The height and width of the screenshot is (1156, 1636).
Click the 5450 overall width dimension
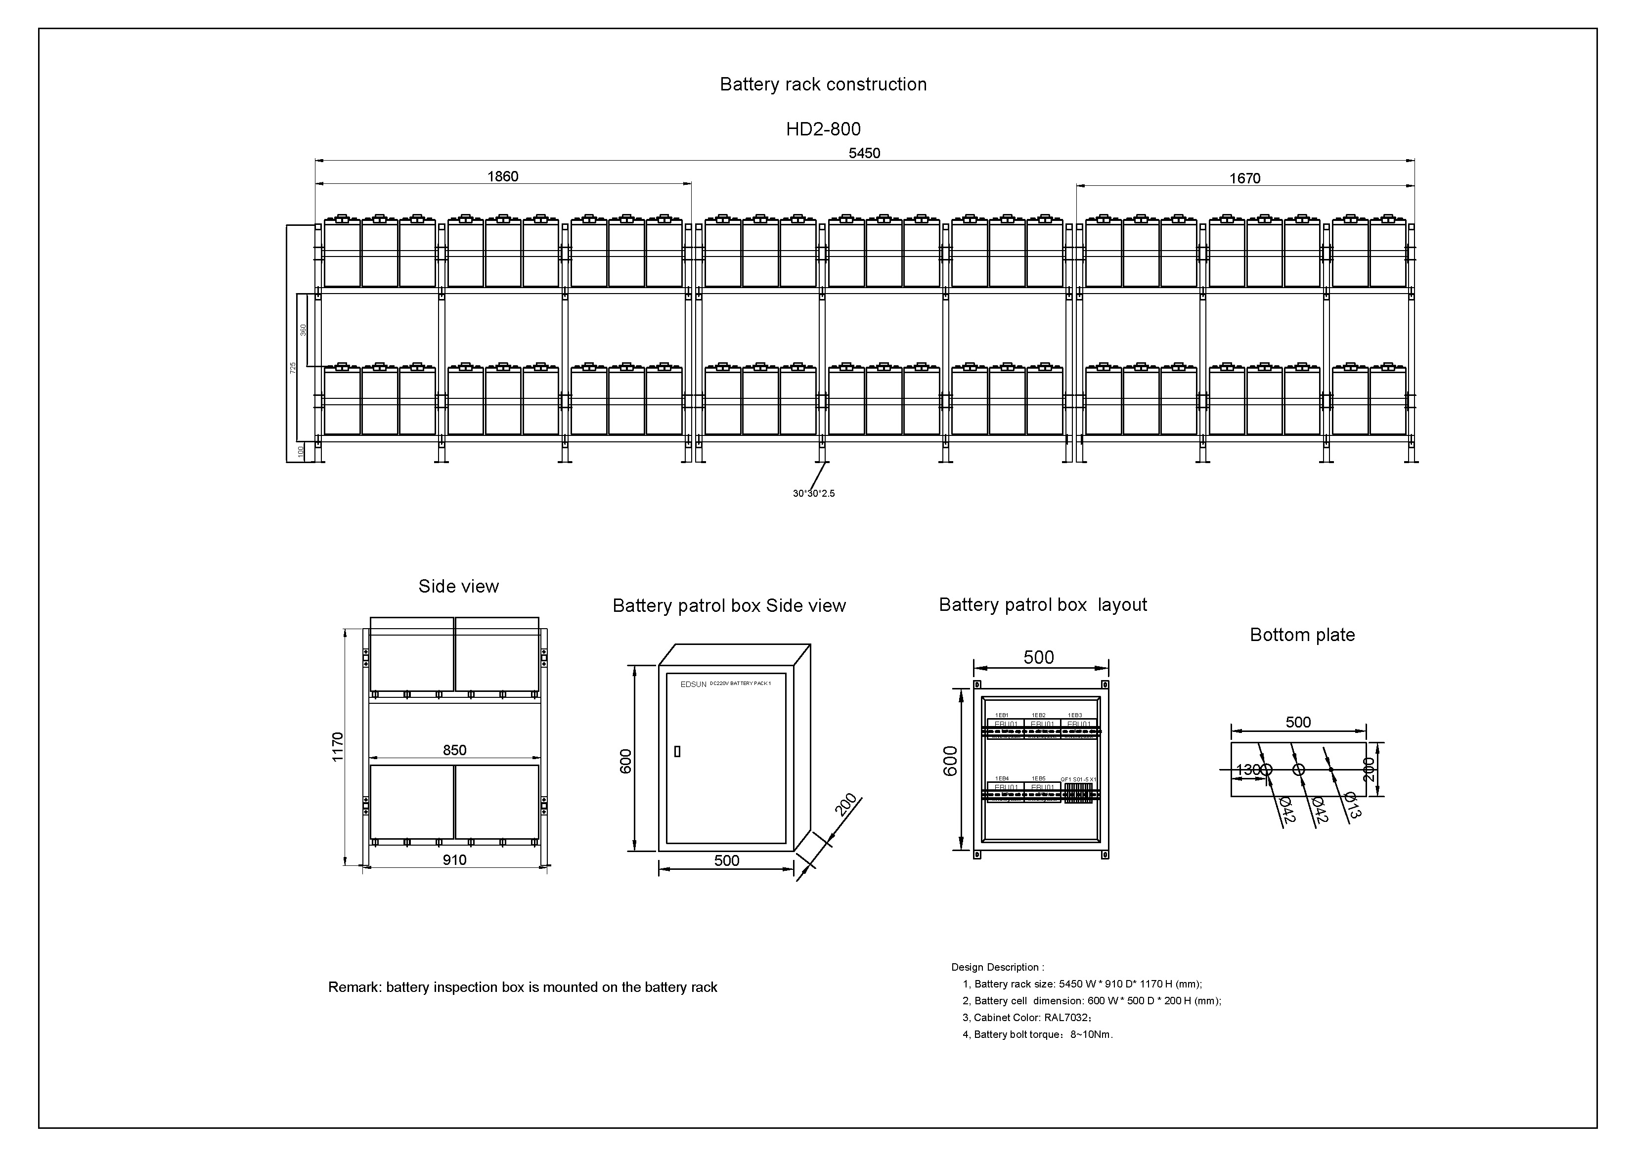[x=864, y=153]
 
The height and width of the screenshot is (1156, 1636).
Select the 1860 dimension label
[x=502, y=176]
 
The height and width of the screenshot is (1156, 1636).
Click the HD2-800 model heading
[x=823, y=129]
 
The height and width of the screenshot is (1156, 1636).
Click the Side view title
[x=458, y=586]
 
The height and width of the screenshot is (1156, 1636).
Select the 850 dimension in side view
[x=454, y=750]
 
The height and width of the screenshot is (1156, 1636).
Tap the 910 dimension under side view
[x=454, y=859]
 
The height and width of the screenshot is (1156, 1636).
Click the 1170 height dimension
[x=338, y=746]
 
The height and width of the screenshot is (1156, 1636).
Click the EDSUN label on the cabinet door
[x=693, y=685]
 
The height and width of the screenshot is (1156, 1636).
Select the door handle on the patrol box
[x=677, y=751]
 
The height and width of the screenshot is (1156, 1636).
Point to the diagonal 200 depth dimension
[x=846, y=805]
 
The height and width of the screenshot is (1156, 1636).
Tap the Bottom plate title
[x=1302, y=635]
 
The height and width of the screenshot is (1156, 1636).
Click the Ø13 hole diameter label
[x=1352, y=805]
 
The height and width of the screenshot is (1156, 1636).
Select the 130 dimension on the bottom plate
[x=1247, y=770]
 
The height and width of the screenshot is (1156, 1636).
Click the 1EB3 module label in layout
[x=1074, y=715]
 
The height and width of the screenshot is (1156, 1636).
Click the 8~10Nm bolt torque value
[x=1090, y=1035]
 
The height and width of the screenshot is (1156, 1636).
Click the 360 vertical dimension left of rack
[x=304, y=330]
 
